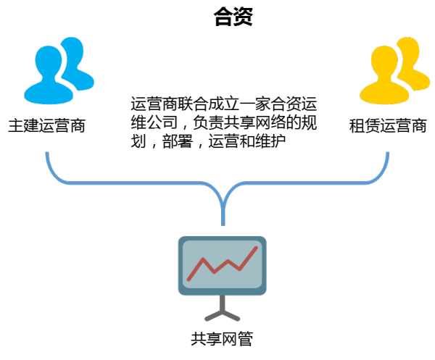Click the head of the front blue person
point(49,63)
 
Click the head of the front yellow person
point(384,63)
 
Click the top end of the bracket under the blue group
point(47,154)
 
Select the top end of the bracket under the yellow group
point(388,154)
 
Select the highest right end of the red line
point(256,248)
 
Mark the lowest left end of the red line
point(188,279)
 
